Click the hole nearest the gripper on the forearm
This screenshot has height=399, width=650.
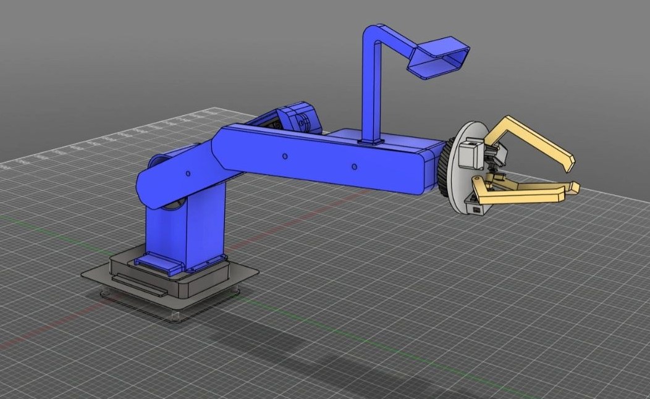coord(354,167)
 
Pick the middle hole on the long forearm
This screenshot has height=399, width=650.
coord(285,157)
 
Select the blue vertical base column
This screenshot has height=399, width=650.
coord(185,229)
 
